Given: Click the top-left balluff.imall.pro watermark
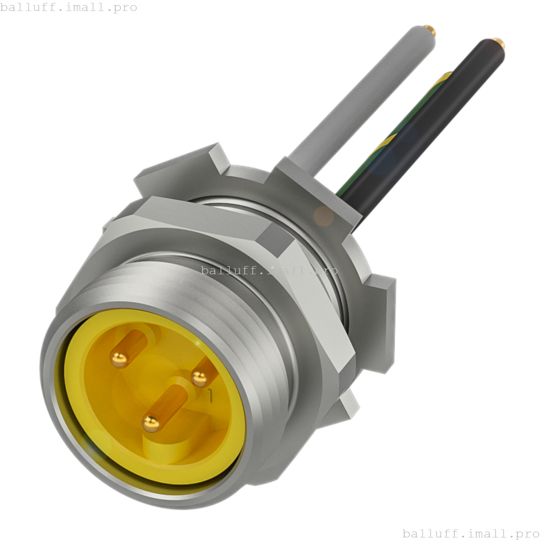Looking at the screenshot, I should click(x=68, y=7).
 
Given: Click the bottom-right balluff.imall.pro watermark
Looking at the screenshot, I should click(x=471, y=533).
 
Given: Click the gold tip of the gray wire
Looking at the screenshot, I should click(x=430, y=30).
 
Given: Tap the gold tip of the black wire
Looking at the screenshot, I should click(x=498, y=42).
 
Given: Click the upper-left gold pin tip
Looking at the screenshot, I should click(x=119, y=359).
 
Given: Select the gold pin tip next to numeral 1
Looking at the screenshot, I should click(x=199, y=378).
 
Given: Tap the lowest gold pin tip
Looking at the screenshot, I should click(x=151, y=423).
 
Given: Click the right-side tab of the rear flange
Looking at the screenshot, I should click(x=382, y=321).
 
